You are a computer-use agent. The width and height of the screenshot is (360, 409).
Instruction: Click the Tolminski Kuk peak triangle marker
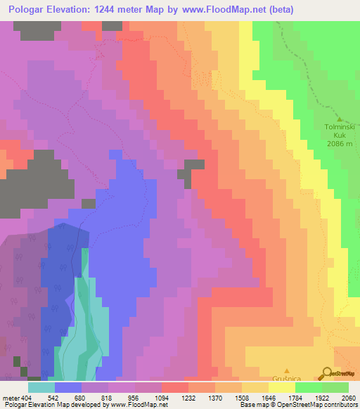click(x=339, y=119)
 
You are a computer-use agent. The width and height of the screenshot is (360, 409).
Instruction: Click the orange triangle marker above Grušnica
click(x=287, y=370)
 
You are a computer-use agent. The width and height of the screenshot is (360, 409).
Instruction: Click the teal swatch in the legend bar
click(x=41, y=387)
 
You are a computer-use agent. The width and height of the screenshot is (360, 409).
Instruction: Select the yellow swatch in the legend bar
click(x=282, y=387)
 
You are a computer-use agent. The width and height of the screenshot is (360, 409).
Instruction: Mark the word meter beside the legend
click(x=10, y=398)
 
